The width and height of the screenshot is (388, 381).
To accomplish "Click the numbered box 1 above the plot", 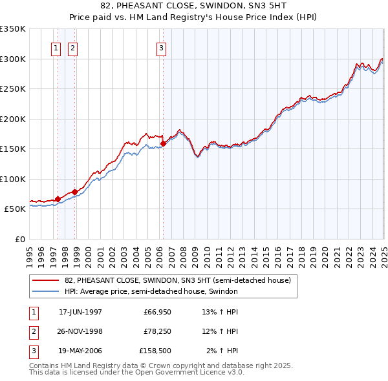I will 56,47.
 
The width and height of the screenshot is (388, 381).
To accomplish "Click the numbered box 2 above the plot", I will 72,47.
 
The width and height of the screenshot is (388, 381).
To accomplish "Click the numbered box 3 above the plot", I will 160,47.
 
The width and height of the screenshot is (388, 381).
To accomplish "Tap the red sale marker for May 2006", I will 164,144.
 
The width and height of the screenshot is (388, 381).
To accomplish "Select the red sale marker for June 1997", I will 58,199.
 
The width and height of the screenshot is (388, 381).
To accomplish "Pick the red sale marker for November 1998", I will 75,192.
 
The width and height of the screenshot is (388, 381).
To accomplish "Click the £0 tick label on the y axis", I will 19,239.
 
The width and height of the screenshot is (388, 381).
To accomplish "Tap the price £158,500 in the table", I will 155,351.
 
